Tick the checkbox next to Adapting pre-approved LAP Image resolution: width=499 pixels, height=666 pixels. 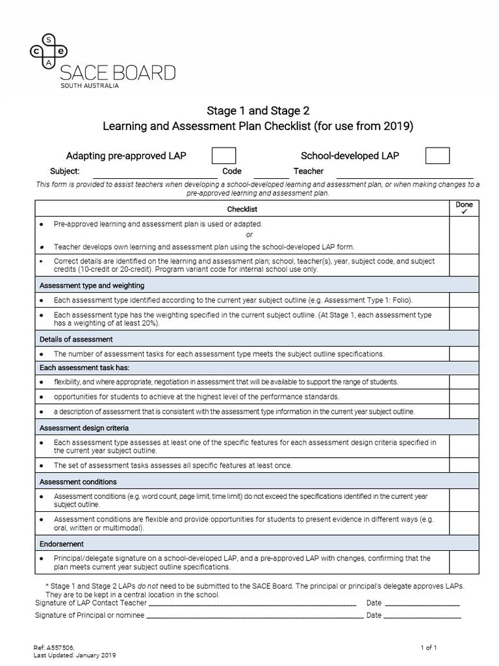[x=224, y=155]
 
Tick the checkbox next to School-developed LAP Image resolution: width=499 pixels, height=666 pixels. [x=437, y=155]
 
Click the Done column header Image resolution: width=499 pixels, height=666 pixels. [x=464, y=207]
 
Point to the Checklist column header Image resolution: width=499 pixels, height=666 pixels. [x=242, y=209]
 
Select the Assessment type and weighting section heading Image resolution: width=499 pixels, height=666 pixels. [x=92, y=286]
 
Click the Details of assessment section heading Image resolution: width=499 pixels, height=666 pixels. [x=76, y=339]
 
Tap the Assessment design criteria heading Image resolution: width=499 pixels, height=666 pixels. [x=84, y=428]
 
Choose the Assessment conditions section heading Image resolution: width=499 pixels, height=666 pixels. [x=78, y=482]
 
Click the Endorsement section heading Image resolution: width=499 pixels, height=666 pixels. [x=62, y=544]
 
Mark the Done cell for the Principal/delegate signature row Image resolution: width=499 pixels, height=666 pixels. [x=464, y=563]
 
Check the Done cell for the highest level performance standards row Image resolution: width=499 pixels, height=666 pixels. [x=464, y=396]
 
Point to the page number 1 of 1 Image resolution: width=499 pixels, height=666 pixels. [x=429, y=648]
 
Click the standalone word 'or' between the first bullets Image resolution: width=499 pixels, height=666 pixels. [x=249, y=235]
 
